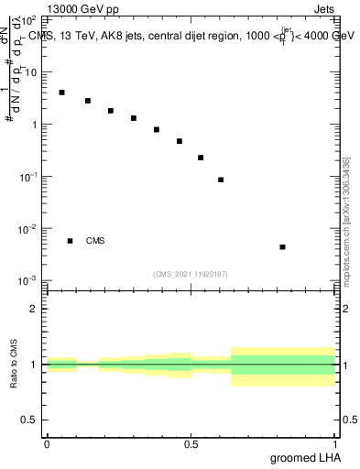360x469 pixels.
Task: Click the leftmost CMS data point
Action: (x=61, y=93)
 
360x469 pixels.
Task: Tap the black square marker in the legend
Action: (x=71, y=241)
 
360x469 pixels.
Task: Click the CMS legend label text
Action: (x=95, y=241)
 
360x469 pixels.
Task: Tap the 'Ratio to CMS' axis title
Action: (x=15, y=364)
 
